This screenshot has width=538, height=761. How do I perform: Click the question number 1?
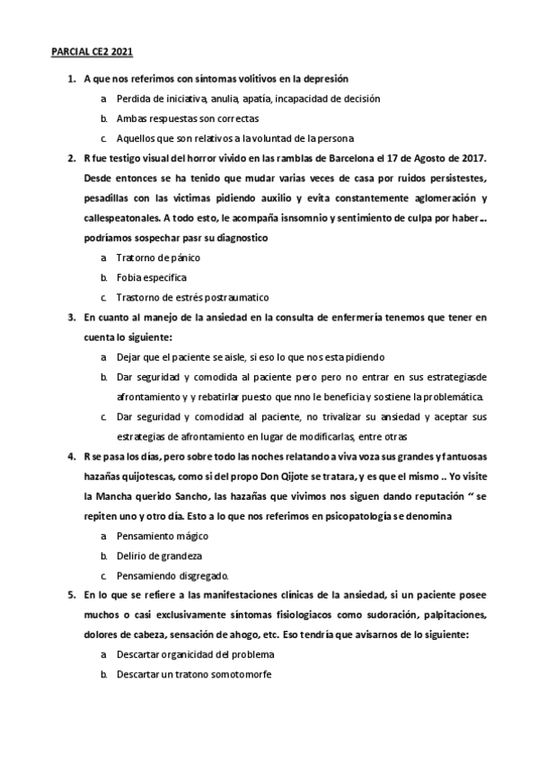pyautogui.click(x=71, y=79)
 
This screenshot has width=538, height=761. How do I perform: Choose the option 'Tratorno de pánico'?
pyautogui.click(x=158, y=258)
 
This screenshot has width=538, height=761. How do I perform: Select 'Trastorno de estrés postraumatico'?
pyautogui.click(x=192, y=297)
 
